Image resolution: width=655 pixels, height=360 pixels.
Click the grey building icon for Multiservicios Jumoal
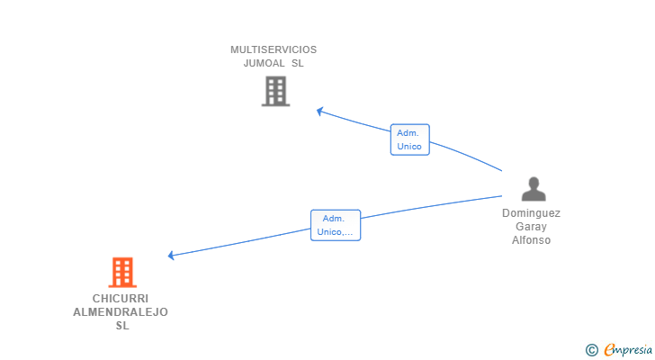point(275,91)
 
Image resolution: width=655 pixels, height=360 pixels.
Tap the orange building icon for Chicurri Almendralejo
point(122,272)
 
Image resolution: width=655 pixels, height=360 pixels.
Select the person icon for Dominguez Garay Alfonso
point(534,189)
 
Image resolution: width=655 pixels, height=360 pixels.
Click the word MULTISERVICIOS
point(274,50)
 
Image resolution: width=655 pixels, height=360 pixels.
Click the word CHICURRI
point(121,299)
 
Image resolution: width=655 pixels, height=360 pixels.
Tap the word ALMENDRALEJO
point(121,312)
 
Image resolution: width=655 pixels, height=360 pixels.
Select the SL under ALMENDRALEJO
point(122,326)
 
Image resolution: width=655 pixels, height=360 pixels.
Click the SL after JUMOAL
point(298,64)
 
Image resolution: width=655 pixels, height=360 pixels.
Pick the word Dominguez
point(531,214)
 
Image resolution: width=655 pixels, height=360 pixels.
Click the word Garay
point(531,227)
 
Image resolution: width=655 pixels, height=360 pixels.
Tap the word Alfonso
point(531,240)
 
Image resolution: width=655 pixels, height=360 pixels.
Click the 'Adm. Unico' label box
point(409,139)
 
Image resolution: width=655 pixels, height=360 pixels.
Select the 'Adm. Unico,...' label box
point(335,225)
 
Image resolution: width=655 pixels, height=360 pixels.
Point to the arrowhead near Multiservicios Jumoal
point(319,112)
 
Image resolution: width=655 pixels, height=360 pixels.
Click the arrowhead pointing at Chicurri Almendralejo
point(172,256)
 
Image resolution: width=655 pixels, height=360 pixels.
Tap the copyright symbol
point(591,350)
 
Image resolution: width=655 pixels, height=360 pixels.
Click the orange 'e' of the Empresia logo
point(609,350)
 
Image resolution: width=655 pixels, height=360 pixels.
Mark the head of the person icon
point(534,183)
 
